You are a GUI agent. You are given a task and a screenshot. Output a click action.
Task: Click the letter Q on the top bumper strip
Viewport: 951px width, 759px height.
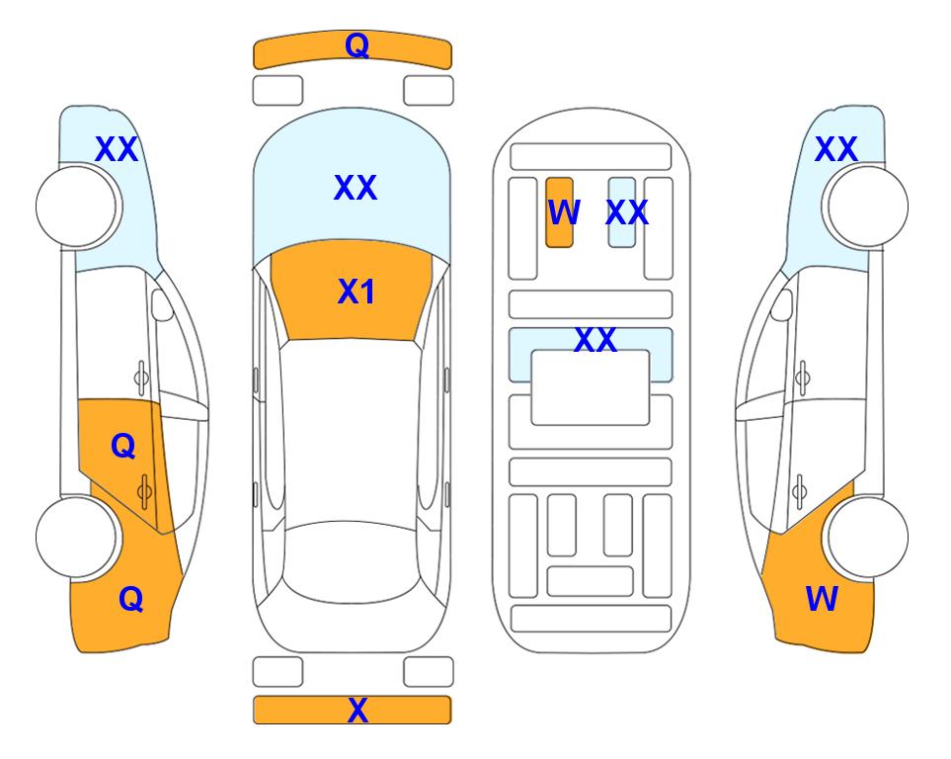pos(357,44)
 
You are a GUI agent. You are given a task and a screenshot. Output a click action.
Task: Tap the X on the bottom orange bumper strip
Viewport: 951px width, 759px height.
pos(357,710)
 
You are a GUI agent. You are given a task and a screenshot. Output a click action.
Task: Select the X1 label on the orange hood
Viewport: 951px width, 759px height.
pos(357,292)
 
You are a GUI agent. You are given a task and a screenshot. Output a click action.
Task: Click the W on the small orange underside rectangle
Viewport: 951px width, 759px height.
pos(564,212)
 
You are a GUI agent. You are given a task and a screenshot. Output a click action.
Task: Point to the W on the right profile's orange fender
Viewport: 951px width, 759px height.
pos(822,599)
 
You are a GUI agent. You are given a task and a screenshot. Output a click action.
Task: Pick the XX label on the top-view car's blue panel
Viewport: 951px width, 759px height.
pos(356,188)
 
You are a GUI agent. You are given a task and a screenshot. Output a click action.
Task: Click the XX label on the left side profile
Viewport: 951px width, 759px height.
pos(117,149)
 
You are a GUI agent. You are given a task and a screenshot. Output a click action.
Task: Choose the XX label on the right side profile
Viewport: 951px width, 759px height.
pos(836,149)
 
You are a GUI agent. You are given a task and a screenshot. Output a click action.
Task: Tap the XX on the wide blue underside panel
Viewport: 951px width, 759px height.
pos(595,340)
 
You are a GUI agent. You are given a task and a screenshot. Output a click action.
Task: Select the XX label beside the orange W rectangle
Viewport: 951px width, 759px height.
pos(627,212)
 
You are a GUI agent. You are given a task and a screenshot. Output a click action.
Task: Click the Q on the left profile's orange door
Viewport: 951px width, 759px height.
pos(123,447)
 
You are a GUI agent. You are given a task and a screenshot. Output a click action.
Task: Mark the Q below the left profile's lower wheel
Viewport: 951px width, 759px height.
pos(131,599)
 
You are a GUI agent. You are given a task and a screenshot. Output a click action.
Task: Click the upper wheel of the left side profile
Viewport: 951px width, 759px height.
pos(77,207)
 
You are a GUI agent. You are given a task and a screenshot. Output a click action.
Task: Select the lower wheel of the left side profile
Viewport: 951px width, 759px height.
pos(77,537)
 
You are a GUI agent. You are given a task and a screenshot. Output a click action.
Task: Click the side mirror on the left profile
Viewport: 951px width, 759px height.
pos(162,304)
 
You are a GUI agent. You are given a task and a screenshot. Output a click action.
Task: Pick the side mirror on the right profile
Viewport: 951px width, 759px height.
pos(782,304)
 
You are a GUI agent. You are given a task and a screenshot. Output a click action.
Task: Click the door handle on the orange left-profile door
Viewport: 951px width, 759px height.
pos(144,491)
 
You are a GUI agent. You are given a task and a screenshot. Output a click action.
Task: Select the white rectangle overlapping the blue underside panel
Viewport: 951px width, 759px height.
pos(591,387)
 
